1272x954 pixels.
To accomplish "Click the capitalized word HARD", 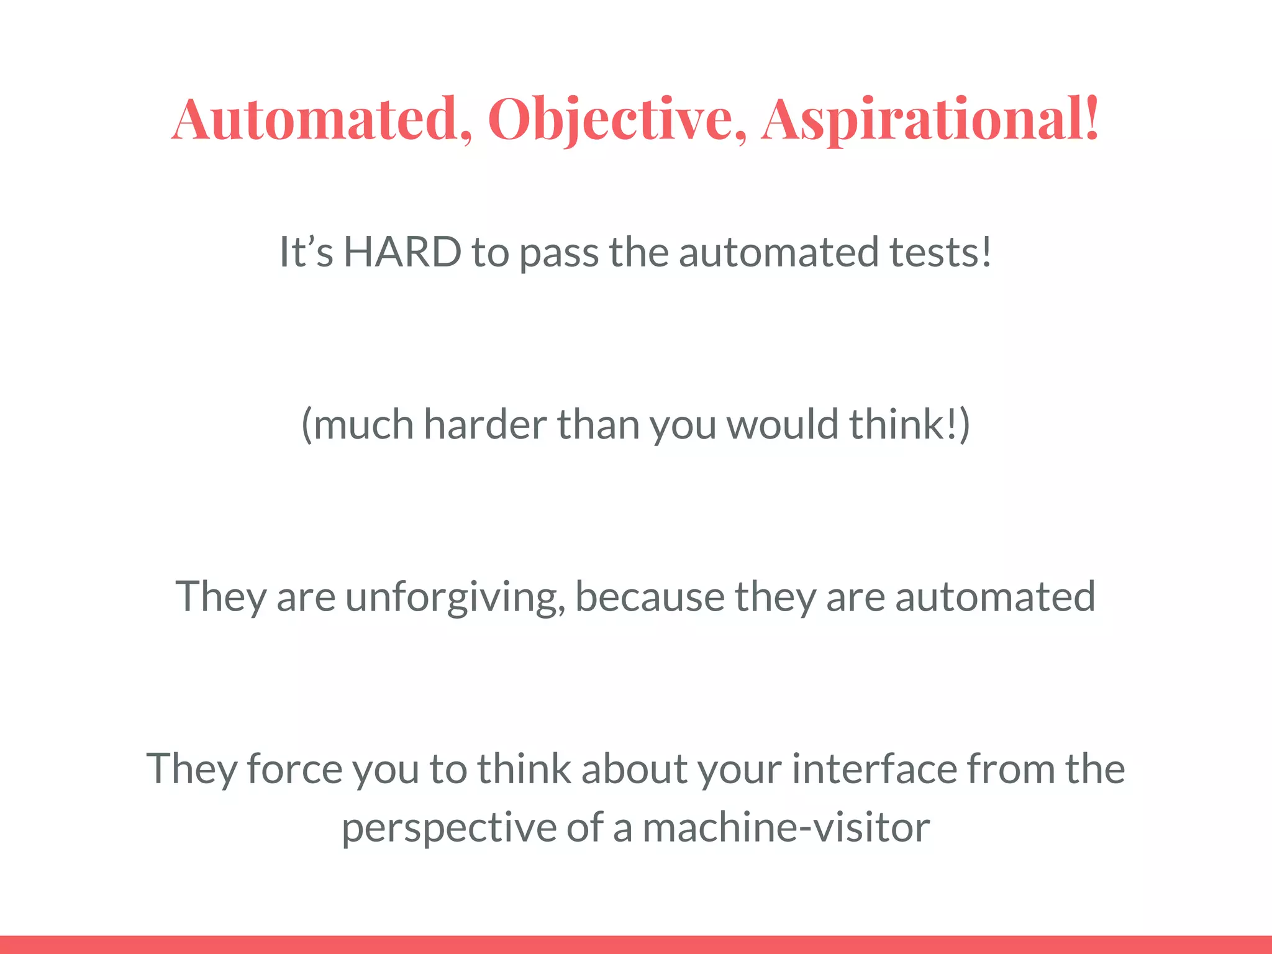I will [x=402, y=252].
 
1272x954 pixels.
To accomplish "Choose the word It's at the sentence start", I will [x=306, y=252].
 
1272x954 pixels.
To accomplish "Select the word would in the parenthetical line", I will [x=783, y=424].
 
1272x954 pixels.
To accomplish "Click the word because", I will [x=650, y=596].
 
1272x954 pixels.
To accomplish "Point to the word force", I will [x=294, y=769].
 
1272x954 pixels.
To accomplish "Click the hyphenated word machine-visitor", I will [x=786, y=827].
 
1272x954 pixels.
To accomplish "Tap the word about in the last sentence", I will [x=634, y=769].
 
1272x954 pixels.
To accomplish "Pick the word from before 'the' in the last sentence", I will [x=1011, y=769].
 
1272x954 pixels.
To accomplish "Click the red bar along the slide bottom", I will [x=636, y=944].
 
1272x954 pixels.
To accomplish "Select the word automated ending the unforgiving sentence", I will [x=995, y=596].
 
